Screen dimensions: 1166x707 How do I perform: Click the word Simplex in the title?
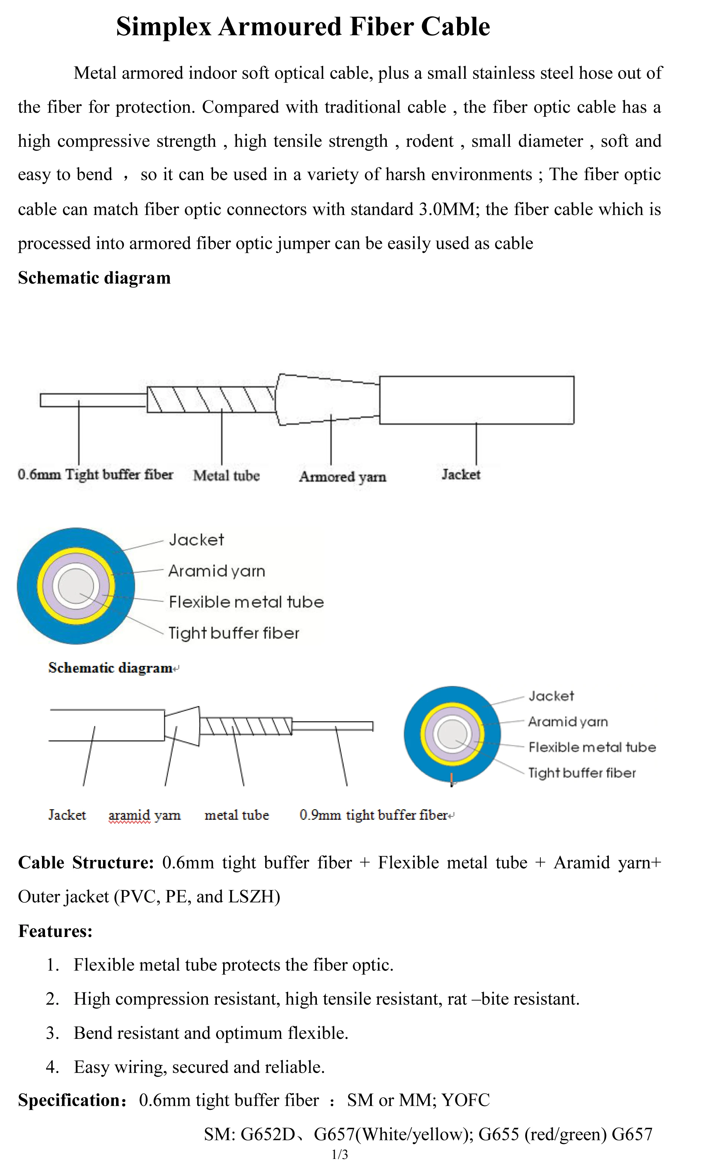(163, 27)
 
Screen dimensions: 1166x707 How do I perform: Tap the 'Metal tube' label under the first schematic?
(226, 476)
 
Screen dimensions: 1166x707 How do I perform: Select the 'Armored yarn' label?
(342, 477)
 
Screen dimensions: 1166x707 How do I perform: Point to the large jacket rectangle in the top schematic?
(476, 400)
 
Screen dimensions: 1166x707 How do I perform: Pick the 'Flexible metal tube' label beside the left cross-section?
(246, 602)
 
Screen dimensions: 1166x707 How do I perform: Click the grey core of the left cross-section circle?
(76, 586)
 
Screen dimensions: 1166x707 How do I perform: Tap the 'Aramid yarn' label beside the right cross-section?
(568, 722)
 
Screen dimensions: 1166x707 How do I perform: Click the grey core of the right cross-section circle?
(452, 734)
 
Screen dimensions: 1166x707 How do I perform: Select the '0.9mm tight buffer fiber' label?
(374, 815)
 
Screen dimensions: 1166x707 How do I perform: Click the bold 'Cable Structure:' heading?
(86, 863)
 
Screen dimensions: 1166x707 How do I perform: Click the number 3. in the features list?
(52, 1033)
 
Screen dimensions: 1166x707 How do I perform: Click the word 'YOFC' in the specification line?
(465, 1100)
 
